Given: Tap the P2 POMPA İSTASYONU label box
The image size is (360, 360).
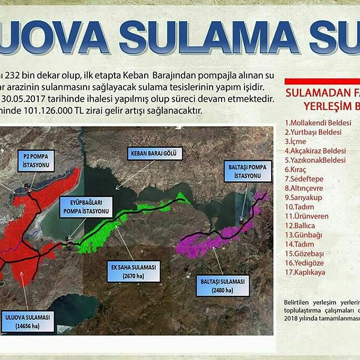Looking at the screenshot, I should click(x=37, y=161).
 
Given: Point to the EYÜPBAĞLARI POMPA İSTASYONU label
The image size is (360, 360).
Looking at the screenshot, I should click(x=86, y=207).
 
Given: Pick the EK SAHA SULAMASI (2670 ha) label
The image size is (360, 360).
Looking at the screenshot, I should click(x=133, y=272).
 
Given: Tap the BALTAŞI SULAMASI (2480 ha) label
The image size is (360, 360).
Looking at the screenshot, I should click(x=223, y=285).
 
